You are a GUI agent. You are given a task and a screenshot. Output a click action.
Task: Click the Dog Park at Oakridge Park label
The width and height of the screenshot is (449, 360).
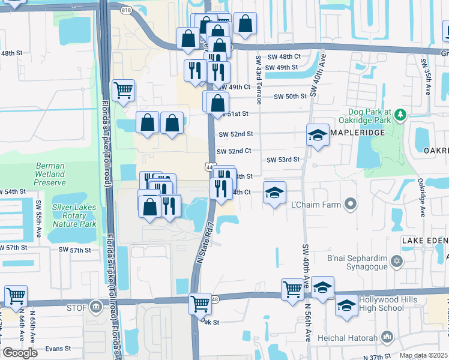(x=369, y=116)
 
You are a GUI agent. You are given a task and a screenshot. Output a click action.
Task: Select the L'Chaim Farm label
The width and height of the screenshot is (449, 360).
(x=316, y=205)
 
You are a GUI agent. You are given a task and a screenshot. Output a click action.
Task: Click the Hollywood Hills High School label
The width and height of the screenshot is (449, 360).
(x=390, y=304)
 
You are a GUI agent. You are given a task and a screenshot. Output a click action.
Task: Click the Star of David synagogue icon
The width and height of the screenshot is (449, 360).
(x=396, y=262)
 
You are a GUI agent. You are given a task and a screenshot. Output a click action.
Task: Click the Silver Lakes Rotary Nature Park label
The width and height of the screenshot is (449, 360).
(x=74, y=215)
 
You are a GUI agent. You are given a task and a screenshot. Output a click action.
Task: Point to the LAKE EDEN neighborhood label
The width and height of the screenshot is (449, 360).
(x=424, y=241)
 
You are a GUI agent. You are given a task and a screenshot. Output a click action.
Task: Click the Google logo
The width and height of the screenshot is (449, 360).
(x=20, y=352)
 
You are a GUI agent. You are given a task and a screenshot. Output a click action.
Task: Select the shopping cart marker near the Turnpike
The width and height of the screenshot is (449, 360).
(x=123, y=91)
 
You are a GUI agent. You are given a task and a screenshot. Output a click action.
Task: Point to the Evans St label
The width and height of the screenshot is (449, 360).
(x=58, y=348)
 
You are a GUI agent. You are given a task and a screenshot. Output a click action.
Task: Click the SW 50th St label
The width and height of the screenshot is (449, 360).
(x=290, y=97)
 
